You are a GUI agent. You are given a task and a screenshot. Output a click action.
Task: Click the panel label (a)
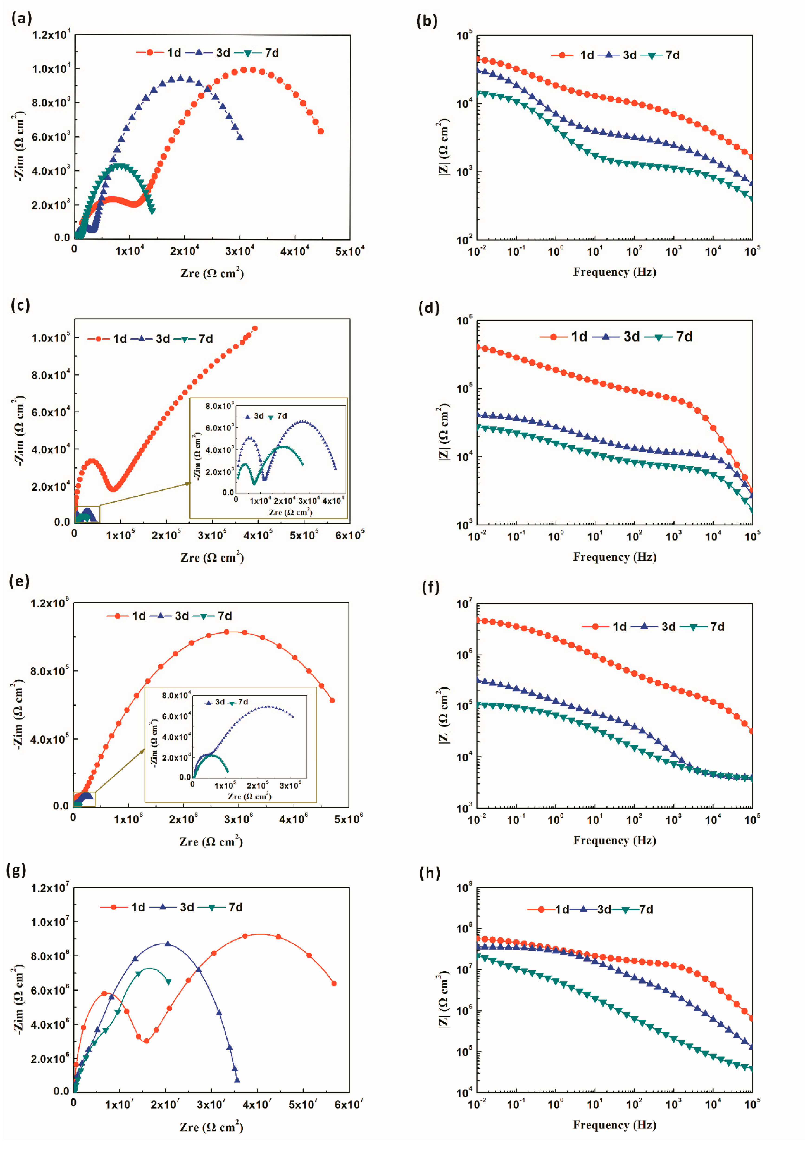pos(21,19)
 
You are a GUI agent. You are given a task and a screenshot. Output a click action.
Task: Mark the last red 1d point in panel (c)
pos(255,328)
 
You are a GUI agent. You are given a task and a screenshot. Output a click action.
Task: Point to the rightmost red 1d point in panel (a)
pos(321,131)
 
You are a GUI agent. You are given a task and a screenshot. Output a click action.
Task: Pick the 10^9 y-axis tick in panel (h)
pos(464,888)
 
